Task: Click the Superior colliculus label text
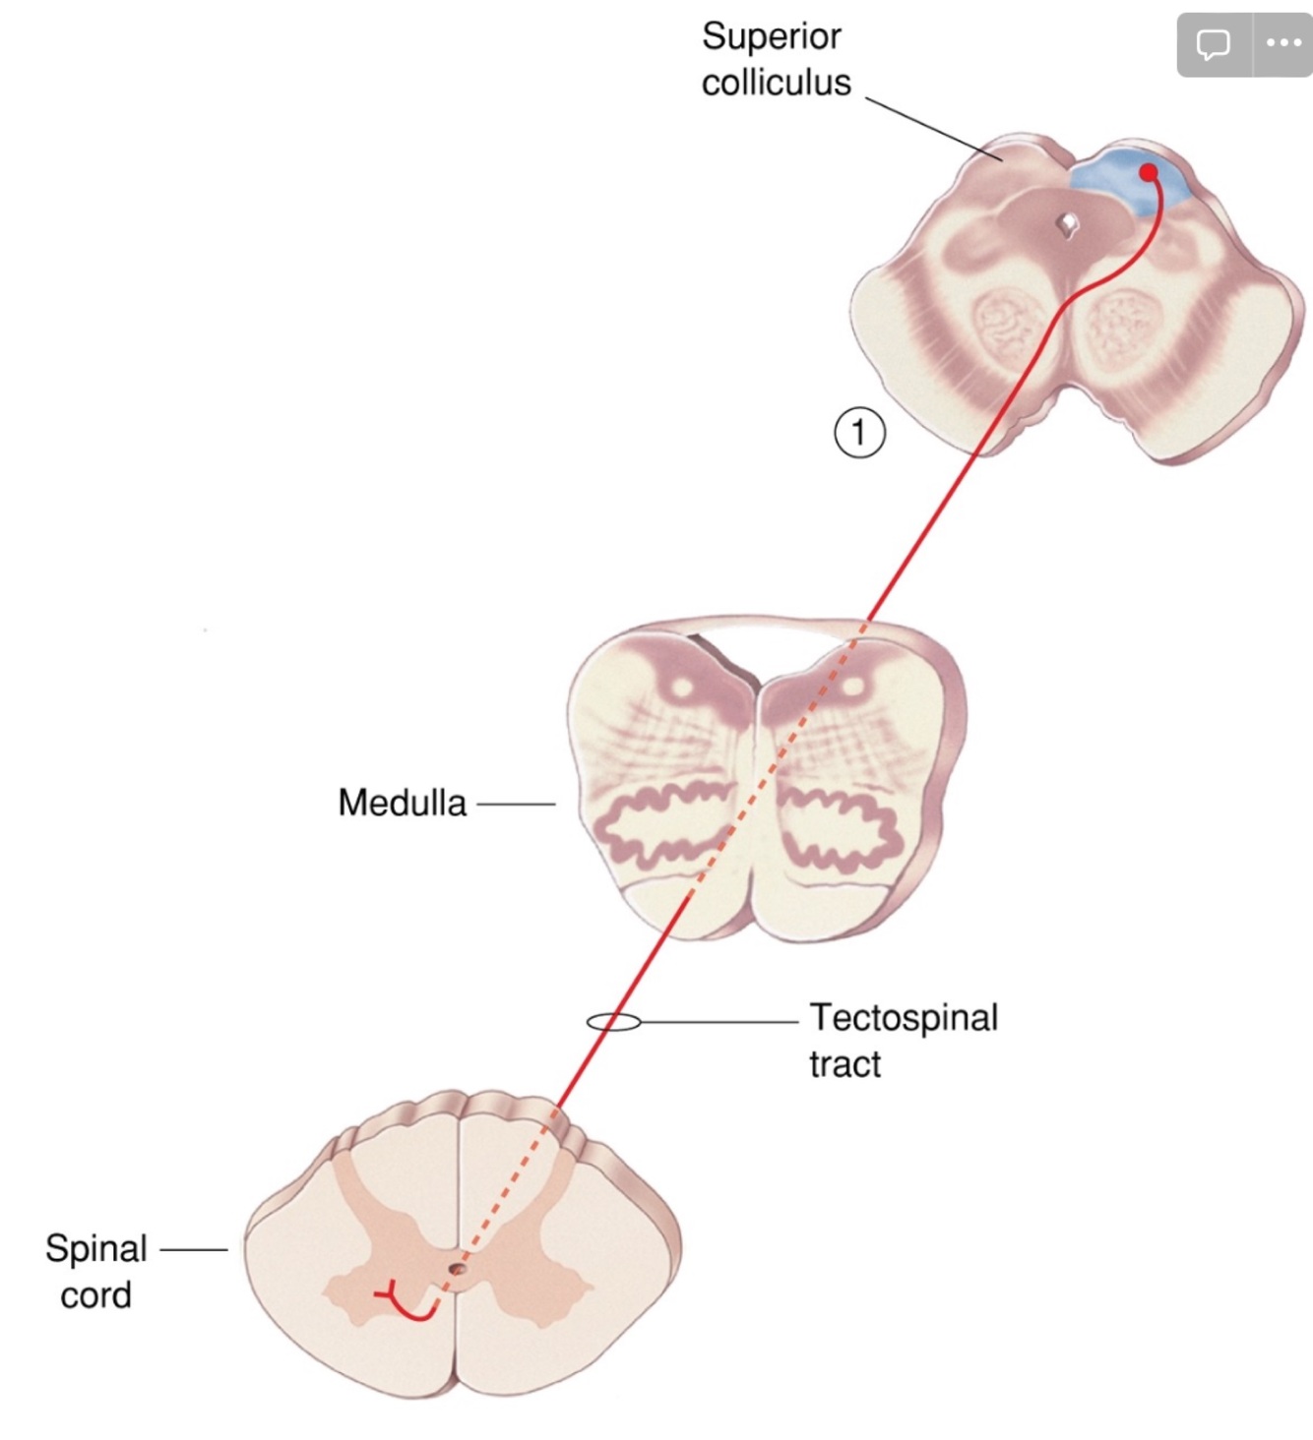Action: [x=776, y=60]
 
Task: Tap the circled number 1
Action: [x=859, y=433]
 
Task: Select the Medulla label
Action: [x=402, y=803]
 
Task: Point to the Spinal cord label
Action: [x=95, y=1271]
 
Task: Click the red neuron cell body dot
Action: [x=1148, y=173]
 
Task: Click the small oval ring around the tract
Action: [x=613, y=1023]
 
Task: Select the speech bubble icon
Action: [x=1213, y=44]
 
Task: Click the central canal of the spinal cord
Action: [x=456, y=1270]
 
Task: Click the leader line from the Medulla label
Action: [x=516, y=804]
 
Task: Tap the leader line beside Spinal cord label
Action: [x=193, y=1250]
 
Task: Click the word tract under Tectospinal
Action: [x=844, y=1064]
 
